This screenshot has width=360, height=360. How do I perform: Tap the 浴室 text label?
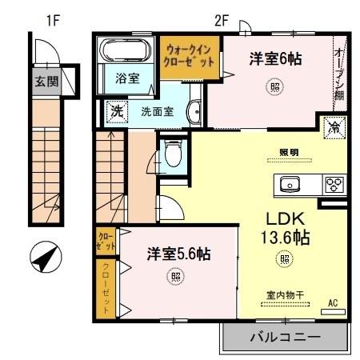click(126, 79)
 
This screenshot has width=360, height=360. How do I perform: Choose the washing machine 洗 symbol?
click(117, 111)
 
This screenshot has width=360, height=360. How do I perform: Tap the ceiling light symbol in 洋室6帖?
click(275, 86)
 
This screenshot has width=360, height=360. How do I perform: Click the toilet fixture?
click(172, 152)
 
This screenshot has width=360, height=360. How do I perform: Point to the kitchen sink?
click(290, 185)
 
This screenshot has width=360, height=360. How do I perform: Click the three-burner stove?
click(333, 185)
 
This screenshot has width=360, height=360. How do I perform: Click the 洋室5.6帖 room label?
click(178, 254)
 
